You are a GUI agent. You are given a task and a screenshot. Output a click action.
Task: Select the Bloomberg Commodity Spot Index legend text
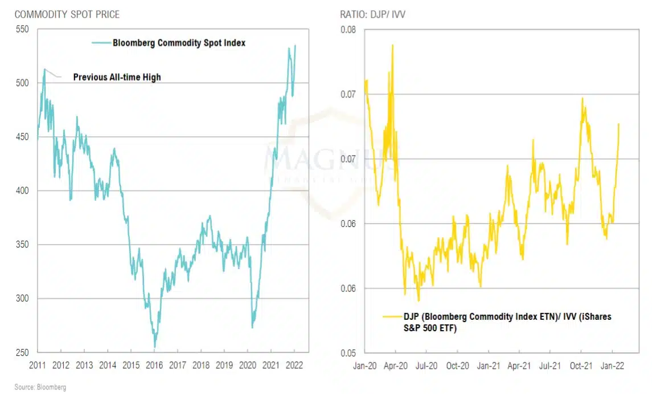point(179,42)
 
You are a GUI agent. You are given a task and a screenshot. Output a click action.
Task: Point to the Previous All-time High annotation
point(117,77)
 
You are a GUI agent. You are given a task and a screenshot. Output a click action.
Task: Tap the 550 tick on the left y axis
point(22,29)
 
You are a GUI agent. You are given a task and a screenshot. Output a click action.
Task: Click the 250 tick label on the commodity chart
point(22,352)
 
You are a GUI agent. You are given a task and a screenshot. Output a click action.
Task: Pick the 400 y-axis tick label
point(22,190)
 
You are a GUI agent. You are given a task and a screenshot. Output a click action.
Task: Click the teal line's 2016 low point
point(154,347)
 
